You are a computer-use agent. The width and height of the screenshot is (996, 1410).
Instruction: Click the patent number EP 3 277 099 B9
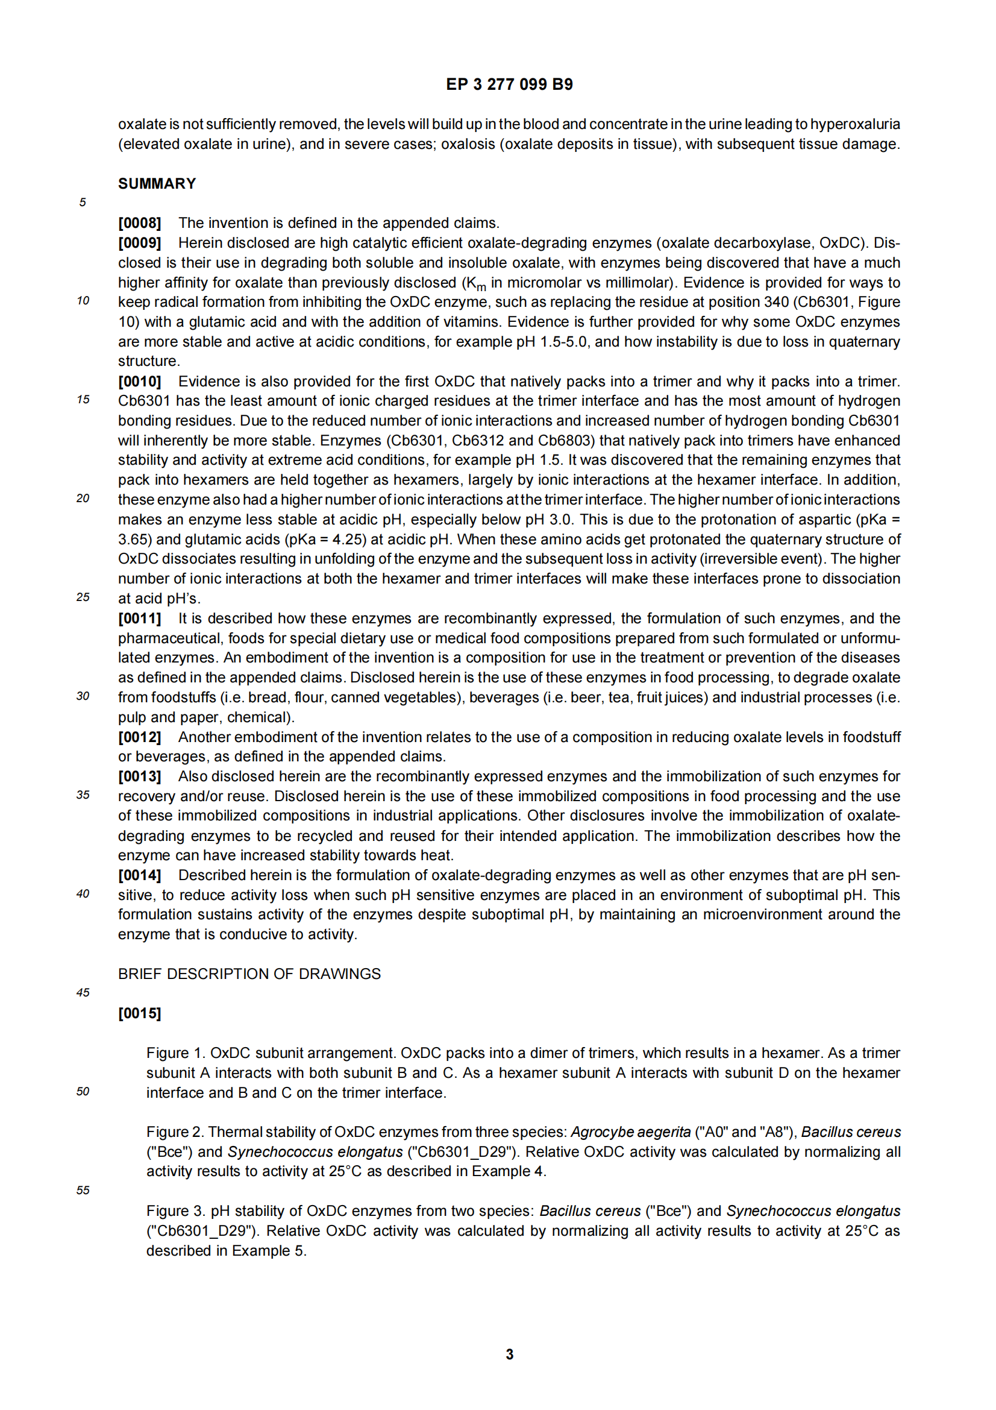pyautogui.click(x=509, y=84)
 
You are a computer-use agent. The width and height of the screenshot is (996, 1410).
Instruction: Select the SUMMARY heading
pyautogui.click(x=157, y=184)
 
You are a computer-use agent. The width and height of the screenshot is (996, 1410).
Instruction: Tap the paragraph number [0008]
pyautogui.click(x=140, y=223)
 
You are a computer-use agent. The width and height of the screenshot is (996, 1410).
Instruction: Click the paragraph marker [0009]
pyautogui.click(x=140, y=242)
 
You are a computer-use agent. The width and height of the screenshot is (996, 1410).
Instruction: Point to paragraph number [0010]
pyautogui.click(x=140, y=382)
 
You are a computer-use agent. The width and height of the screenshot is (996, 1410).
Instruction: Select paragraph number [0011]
pyautogui.click(x=140, y=618)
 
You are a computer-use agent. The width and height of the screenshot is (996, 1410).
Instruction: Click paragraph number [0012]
pyautogui.click(x=140, y=737)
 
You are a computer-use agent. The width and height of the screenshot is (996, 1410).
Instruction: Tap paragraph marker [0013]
pyautogui.click(x=140, y=776)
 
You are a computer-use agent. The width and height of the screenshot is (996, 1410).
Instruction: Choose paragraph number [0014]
pyautogui.click(x=140, y=875)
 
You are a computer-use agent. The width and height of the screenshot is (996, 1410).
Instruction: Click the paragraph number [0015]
pyautogui.click(x=140, y=1013)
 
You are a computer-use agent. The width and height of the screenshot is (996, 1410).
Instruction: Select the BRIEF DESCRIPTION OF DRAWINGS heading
pyautogui.click(x=249, y=974)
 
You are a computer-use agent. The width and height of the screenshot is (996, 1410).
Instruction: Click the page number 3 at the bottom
pyautogui.click(x=509, y=1354)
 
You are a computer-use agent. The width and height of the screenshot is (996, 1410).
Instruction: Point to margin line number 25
pyautogui.click(x=83, y=597)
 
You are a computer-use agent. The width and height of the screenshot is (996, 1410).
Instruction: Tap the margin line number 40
pyautogui.click(x=83, y=894)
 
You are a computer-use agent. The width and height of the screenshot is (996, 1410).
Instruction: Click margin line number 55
pyautogui.click(x=83, y=1190)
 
